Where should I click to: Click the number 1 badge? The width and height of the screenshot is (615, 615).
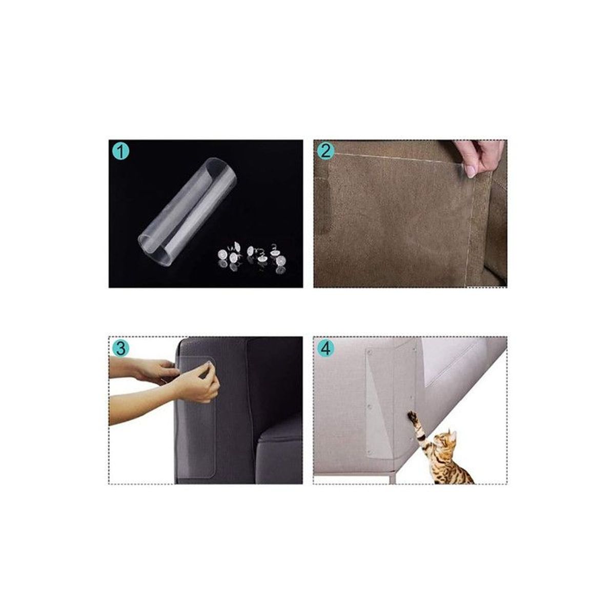120,152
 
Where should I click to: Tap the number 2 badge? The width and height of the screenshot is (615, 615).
326,152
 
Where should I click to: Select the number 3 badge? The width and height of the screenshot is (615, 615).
120,349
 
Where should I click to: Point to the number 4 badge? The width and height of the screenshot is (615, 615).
326,349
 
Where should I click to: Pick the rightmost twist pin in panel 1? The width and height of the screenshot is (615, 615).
281,260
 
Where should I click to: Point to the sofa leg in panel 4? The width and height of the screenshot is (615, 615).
391,475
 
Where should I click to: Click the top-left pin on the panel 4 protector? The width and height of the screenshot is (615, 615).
370,354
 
